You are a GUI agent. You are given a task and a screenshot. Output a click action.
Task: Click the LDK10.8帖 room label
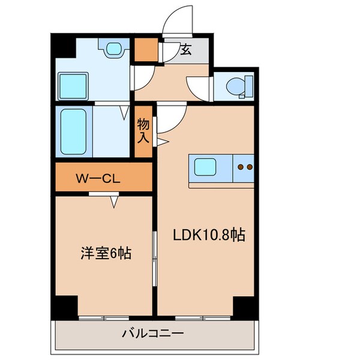[209, 236]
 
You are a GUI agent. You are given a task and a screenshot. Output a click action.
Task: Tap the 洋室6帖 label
[106, 253]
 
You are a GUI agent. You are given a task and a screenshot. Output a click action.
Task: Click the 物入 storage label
[143, 131]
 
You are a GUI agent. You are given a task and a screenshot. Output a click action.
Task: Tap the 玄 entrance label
[186, 50]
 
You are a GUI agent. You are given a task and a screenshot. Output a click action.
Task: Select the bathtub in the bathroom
[74, 131]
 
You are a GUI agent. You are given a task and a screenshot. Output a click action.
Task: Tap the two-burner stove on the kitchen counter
[244, 167]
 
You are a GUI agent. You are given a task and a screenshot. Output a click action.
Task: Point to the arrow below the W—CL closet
[113, 204]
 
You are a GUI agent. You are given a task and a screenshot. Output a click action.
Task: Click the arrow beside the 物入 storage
[164, 142]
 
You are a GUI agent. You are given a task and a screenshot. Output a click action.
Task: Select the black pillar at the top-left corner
[61, 46]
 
